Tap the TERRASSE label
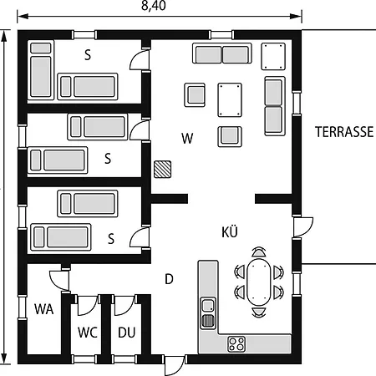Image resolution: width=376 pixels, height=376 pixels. pos(344,132)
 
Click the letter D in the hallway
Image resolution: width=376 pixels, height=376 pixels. pos(168,278)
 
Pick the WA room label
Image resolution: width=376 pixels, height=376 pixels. pos(43,308)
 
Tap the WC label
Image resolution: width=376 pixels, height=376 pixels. pos(88,332)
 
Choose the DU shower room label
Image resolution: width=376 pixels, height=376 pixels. pos(126,332)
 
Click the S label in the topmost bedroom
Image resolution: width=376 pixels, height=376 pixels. pos(88,55)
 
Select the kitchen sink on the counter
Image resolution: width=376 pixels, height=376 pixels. pos(208,312)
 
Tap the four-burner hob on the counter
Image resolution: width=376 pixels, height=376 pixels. pos(237,343)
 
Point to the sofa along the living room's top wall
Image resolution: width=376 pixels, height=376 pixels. pos(222,54)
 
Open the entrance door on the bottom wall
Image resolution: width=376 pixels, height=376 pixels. pos(173,365)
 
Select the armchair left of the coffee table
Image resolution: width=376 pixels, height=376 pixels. pos(195,94)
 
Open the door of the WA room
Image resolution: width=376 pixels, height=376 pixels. pos(58,279)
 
